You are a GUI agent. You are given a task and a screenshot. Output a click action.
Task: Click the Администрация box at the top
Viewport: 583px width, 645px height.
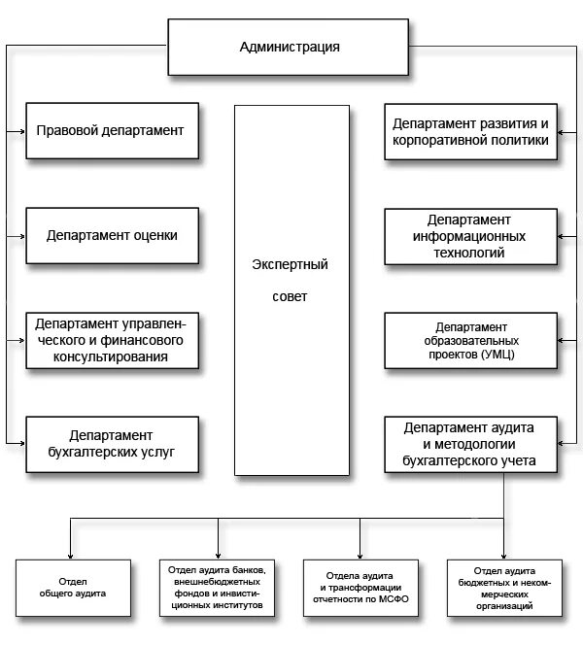point(290,48)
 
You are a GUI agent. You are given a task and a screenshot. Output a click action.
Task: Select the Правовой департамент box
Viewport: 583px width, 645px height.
point(112,130)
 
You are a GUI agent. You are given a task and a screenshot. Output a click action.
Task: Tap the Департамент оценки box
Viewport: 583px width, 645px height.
point(112,235)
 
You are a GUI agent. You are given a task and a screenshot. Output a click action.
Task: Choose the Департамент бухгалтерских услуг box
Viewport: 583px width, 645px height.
point(112,445)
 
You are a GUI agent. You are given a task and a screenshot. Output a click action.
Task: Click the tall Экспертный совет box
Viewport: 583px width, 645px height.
point(291,290)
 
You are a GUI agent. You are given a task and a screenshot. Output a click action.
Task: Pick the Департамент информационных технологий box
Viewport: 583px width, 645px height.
point(470,236)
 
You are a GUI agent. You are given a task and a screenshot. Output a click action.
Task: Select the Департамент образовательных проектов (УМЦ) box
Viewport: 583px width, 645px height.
point(470,341)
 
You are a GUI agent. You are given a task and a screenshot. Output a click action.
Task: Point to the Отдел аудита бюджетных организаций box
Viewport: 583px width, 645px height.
point(505,586)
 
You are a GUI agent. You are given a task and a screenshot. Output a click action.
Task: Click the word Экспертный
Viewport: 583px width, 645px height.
point(290,264)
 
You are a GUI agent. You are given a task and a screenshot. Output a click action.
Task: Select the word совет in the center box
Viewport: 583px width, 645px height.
point(290,297)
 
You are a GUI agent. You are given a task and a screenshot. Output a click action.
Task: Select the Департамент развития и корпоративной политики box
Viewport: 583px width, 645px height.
point(470,131)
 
